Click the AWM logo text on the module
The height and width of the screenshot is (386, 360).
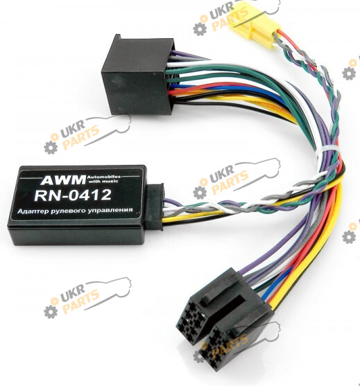63,179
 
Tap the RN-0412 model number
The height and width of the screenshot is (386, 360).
73,195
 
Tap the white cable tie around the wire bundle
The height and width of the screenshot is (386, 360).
327,150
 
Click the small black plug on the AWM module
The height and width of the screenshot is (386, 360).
154,207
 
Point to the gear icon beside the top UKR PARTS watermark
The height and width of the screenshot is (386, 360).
200,28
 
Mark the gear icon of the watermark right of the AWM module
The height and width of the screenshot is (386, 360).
200,191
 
